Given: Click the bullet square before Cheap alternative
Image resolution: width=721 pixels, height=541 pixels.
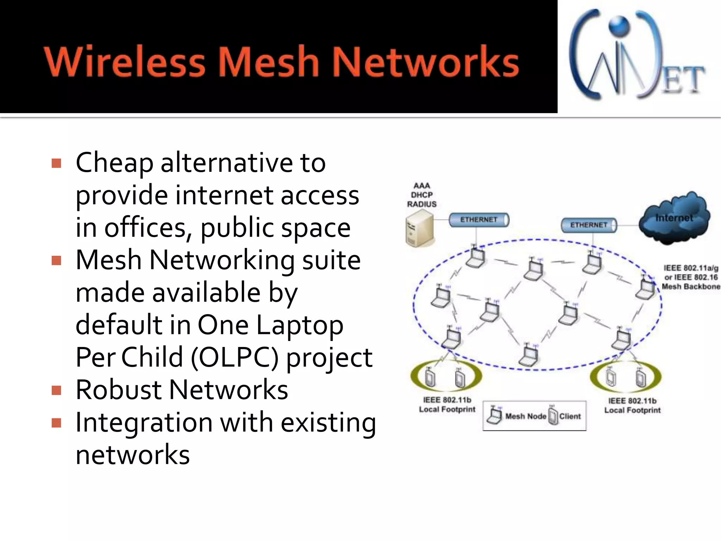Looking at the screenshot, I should [x=56, y=163].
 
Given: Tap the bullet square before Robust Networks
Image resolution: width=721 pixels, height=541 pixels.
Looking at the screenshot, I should [x=56, y=390].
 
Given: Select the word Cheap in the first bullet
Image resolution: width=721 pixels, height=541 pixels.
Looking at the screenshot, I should [x=114, y=163].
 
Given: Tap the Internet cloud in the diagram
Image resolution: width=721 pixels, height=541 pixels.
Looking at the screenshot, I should [x=674, y=218].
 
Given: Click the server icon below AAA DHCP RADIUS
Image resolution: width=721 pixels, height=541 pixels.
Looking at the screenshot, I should [x=420, y=229].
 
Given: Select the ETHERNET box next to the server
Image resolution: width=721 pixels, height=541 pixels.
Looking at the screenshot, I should [x=479, y=220].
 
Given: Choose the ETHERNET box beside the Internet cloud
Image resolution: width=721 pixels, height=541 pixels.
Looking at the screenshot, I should [x=589, y=225].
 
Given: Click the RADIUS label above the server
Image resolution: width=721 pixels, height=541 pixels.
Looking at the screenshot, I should [x=422, y=204].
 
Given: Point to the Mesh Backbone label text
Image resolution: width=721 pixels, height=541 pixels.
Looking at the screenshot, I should [x=691, y=286].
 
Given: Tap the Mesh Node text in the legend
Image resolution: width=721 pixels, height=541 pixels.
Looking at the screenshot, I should [x=526, y=416].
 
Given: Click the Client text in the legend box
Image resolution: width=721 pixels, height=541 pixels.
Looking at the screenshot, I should [x=570, y=416].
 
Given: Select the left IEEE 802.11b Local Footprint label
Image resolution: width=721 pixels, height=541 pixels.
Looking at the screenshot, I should [x=447, y=405].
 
